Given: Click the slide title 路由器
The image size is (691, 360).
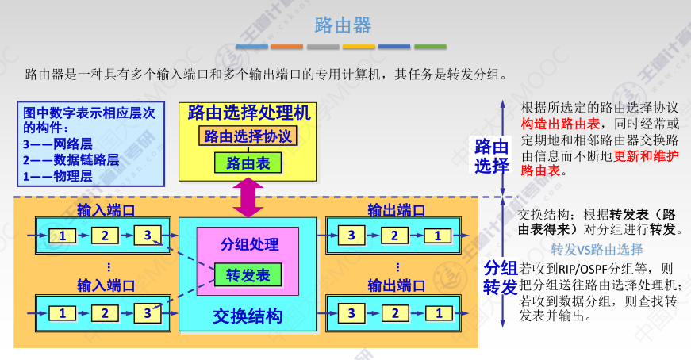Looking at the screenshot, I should (x=343, y=25).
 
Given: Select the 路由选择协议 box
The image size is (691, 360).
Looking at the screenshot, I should (x=248, y=136).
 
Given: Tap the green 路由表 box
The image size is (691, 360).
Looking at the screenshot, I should (x=248, y=163).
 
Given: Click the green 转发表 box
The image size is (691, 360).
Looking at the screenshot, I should (x=248, y=275).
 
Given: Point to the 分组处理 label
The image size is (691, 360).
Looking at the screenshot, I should (x=248, y=244).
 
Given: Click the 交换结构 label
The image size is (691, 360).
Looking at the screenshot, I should (x=248, y=316).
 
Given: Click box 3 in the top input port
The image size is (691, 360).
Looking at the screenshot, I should (x=147, y=236).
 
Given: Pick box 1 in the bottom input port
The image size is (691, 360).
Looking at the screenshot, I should (x=62, y=312).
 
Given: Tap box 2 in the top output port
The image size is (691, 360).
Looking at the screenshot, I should (x=393, y=236).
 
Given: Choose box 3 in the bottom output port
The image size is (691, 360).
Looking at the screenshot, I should (x=351, y=312).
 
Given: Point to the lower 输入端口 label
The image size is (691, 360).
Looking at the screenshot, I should (x=106, y=285).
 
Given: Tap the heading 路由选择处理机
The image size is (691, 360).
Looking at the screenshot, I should (x=248, y=113).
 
